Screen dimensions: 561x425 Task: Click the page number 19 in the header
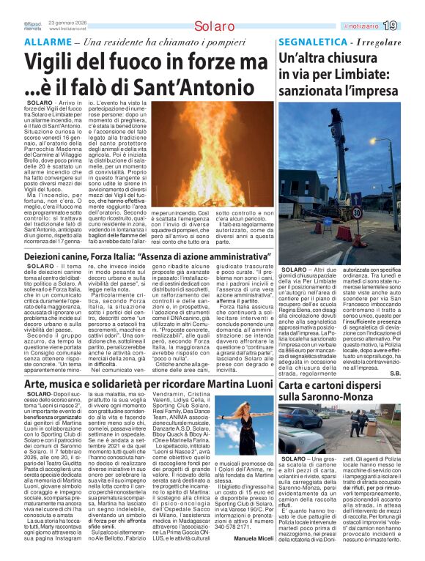pyautogui.click(x=410, y=26)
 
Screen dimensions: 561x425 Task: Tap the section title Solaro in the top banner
pyautogui.click(x=212, y=27)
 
